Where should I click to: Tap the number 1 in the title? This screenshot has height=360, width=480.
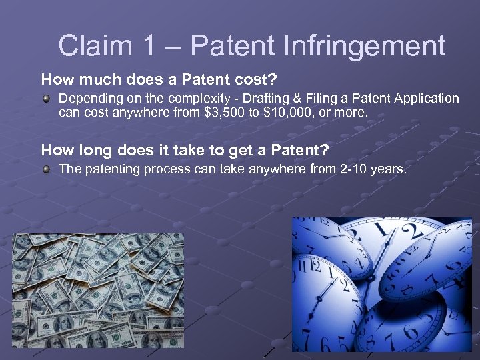(159, 47)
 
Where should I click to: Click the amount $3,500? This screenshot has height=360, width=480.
(221, 113)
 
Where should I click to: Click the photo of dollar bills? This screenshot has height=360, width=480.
(99, 290)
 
